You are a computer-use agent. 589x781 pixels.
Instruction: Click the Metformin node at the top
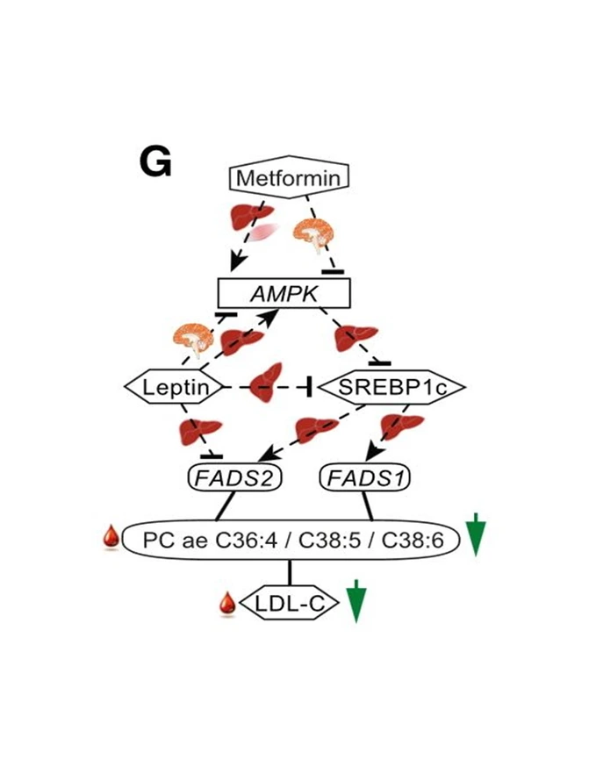[x=289, y=176]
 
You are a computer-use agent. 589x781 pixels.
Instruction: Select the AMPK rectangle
[x=284, y=293]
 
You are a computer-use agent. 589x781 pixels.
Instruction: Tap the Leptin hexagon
[x=174, y=386]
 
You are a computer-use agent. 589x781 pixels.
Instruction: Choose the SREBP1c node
[x=391, y=386]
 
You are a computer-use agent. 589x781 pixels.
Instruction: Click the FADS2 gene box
[x=234, y=478]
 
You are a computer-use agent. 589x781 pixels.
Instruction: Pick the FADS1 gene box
[x=365, y=478]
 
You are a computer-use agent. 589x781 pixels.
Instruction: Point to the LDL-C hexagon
[x=289, y=603]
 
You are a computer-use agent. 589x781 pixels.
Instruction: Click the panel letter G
[x=155, y=163]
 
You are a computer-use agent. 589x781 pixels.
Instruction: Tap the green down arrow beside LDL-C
[x=356, y=601]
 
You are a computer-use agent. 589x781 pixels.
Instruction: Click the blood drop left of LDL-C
[x=227, y=605]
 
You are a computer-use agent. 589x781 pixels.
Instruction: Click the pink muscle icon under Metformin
[x=263, y=233]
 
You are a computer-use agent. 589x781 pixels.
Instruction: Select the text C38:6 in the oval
[x=412, y=540]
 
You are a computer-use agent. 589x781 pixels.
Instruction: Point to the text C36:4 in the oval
[x=246, y=540]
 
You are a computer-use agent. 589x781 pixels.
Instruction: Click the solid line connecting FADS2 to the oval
[x=226, y=506]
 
